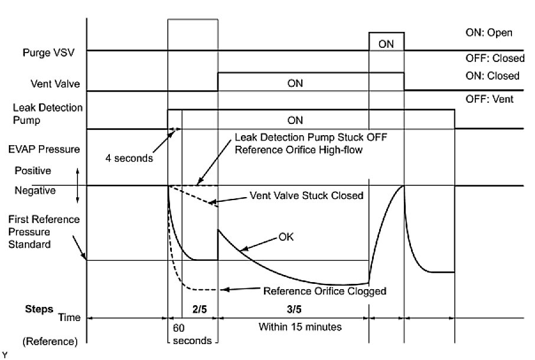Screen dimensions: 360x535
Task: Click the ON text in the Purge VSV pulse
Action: point(387,43)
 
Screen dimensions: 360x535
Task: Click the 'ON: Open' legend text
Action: point(489,32)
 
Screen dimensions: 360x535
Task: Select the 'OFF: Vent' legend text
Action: point(490,99)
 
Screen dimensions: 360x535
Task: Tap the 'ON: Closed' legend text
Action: point(492,76)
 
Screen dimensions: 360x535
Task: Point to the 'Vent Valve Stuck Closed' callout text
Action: point(306,196)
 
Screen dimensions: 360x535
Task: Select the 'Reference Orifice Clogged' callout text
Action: point(324,290)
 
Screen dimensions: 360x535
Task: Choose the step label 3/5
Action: point(293,308)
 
